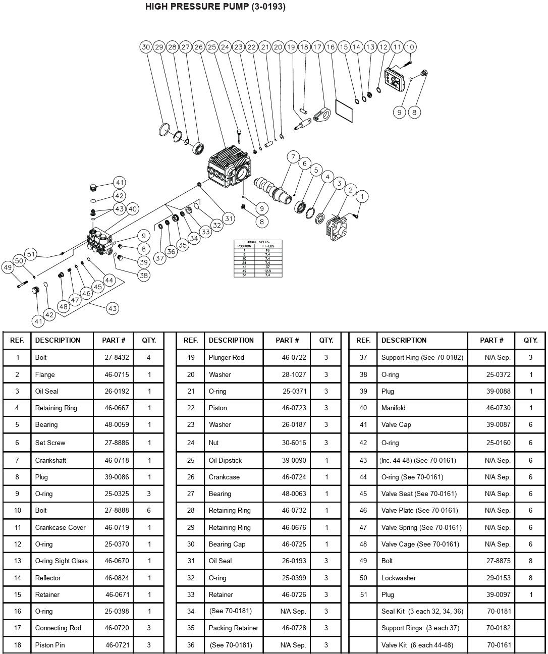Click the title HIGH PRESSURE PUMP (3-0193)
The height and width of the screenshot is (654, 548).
click(215, 7)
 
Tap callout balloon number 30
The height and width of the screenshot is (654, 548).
click(146, 47)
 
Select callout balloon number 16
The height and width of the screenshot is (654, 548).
click(331, 47)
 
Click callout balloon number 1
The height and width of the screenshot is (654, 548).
click(362, 196)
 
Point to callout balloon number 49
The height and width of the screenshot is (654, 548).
click(8, 267)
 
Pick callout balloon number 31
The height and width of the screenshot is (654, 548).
click(229, 219)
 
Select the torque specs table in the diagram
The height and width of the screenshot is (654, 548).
click(258, 258)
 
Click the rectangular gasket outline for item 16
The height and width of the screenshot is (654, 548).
click(346, 111)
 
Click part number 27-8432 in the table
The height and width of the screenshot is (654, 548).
click(117, 357)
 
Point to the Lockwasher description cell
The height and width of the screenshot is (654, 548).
click(399, 578)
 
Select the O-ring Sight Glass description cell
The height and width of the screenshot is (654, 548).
click(61, 561)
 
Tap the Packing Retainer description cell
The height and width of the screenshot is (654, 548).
click(233, 628)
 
